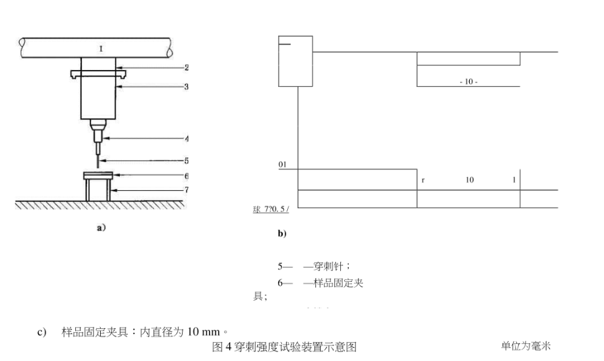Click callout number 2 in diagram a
point(187,67)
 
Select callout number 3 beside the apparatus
point(187,86)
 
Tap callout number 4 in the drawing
point(187,138)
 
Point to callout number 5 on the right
point(187,160)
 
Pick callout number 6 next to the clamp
point(187,176)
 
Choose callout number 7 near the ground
point(187,190)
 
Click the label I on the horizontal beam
point(100,48)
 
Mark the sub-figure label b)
point(282,233)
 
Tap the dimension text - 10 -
point(468,82)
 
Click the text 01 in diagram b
point(283,164)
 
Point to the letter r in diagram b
point(423,180)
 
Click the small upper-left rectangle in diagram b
point(295,61)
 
